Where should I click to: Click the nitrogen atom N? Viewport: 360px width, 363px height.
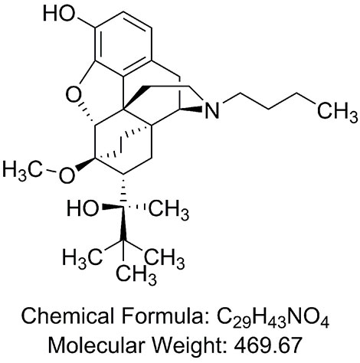(x=212, y=110)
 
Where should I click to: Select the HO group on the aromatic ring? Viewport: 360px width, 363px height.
(x=60, y=13)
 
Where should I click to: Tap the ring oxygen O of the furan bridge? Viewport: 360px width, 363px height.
(x=73, y=94)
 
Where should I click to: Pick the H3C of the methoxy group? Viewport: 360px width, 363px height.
(x=22, y=170)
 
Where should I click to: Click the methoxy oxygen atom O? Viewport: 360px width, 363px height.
(x=67, y=175)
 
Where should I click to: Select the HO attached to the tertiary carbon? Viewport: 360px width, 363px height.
(x=83, y=208)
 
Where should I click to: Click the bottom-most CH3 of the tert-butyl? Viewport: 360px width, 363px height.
(x=136, y=275)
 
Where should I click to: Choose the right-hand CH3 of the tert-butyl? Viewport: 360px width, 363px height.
(x=164, y=258)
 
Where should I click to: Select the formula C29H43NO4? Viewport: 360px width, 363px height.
(x=273, y=318)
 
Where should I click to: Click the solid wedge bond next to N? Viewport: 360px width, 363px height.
(x=191, y=110)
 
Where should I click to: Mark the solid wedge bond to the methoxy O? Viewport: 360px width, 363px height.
(x=85, y=165)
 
